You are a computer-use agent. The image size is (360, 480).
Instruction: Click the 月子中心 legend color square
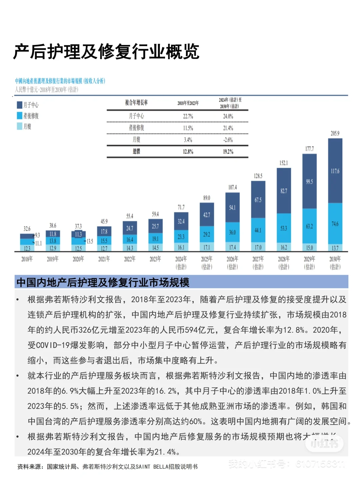[20, 105]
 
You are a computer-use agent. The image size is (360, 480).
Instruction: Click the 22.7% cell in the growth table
[188, 116]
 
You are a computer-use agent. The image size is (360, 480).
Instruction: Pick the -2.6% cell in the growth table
[228, 140]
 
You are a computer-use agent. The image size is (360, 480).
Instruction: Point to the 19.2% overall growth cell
[228, 152]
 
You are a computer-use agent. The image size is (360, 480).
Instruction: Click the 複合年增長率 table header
[136, 103]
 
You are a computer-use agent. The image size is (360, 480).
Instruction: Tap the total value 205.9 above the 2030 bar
[335, 133]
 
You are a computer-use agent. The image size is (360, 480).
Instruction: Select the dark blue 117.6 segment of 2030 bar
[335, 171]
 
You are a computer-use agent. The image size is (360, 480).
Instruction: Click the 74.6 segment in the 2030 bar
[335, 224]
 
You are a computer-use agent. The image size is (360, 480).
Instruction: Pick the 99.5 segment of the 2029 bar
[309, 182]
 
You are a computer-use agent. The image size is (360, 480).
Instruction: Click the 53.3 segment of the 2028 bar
[284, 228]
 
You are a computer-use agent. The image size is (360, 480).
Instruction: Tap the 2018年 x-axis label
[27, 259]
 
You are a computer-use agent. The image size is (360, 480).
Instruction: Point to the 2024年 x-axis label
[181, 259]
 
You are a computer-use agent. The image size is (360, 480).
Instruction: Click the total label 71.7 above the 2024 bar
[181, 207]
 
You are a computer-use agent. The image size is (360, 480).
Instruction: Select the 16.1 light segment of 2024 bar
[181, 247]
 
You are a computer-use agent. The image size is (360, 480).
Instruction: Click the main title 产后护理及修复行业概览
[106, 52]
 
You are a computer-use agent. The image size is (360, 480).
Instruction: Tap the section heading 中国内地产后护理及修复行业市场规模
[103, 282]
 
